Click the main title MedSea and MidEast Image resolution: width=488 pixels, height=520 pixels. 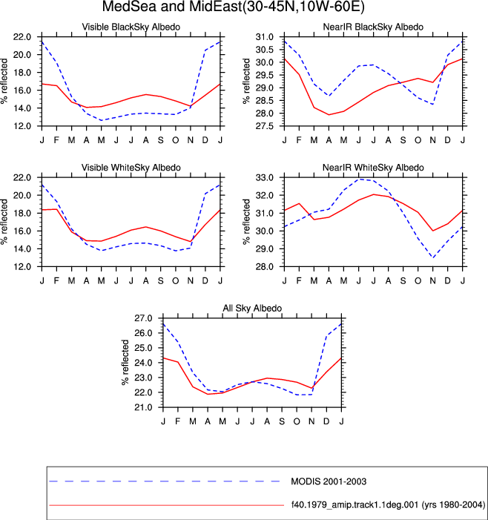point(233,7)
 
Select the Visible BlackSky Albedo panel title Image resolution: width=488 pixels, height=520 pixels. point(131,27)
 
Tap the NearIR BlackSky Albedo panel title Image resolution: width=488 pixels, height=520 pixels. point(373,27)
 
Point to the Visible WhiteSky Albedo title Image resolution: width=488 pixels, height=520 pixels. point(131,168)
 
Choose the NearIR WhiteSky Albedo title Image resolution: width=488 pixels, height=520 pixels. point(373,168)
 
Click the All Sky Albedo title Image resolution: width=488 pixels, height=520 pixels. point(252,308)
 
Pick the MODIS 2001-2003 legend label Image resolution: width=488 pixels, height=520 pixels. point(329,481)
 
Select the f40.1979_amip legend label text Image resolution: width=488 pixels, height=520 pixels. point(388,505)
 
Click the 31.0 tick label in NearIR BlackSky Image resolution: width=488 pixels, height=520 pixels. point(265,37)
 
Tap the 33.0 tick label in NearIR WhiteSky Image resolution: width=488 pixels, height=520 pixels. point(265,178)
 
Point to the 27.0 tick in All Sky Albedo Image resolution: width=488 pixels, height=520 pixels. point(143,318)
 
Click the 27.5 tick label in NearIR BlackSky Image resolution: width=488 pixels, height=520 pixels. point(265,126)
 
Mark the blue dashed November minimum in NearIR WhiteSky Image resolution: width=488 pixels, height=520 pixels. point(432,257)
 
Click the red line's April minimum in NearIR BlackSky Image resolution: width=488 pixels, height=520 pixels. point(329,115)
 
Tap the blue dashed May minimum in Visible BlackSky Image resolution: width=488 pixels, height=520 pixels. point(101,120)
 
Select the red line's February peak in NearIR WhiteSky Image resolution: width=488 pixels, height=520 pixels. point(299,203)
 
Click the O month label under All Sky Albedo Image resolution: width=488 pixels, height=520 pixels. point(297,421)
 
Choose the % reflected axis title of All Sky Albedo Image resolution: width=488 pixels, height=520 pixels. point(125,362)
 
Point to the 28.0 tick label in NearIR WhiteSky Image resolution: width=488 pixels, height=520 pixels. point(265,266)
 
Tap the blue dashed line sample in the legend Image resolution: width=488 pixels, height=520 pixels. point(165,481)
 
